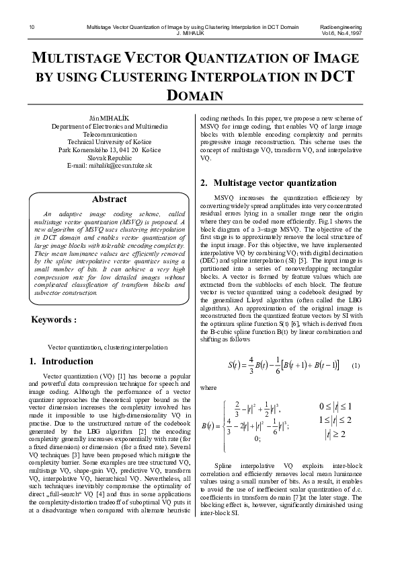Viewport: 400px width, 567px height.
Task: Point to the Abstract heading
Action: tap(109, 199)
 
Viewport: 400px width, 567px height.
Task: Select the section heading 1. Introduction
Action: tap(61, 362)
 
